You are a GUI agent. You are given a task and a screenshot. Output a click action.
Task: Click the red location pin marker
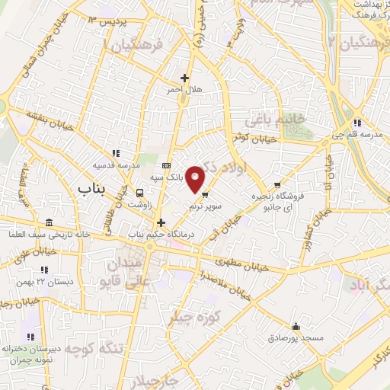pos(197,178)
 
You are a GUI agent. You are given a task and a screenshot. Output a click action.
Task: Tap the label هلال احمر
pos(184,89)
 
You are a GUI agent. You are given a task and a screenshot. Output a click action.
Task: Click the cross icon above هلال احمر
pos(184,77)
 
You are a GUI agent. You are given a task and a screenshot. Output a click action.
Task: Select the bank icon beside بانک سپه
pos(167,165)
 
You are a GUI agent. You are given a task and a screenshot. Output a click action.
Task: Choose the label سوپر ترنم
pos(206,206)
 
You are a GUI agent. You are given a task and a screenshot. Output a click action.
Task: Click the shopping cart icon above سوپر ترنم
pos(205,193)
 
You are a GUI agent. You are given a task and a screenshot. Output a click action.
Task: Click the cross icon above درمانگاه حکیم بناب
pos(160,222)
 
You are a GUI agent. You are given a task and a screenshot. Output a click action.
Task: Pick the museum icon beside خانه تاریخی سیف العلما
pos(50,222)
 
